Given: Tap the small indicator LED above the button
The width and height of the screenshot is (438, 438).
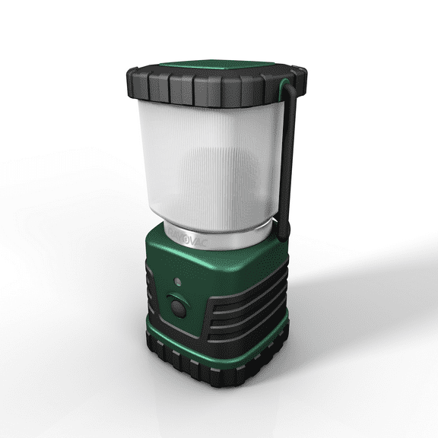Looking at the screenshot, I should [176, 281].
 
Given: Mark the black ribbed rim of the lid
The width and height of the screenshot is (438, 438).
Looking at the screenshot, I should [198, 92].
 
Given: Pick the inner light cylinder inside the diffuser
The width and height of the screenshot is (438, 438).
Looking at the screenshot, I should [221, 182].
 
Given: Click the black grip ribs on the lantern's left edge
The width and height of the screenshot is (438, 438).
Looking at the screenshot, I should [152, 304].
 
